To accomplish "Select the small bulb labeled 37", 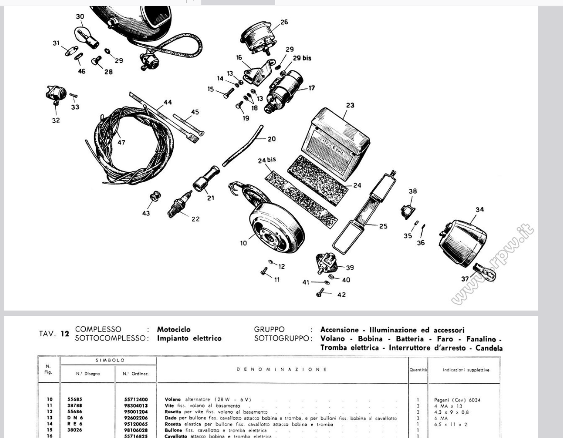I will (x=484, y=273).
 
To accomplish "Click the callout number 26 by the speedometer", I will (x=284, y=22).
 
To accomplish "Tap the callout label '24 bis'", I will (x=267, y=160).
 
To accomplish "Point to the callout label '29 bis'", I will (x=302, y=58).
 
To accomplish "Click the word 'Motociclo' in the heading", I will (x=174, y=329).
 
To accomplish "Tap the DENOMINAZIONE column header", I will (x=282, y=370).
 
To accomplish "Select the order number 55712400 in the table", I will (x=136, y=399).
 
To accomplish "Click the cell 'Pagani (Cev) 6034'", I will (x=457, y=399).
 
